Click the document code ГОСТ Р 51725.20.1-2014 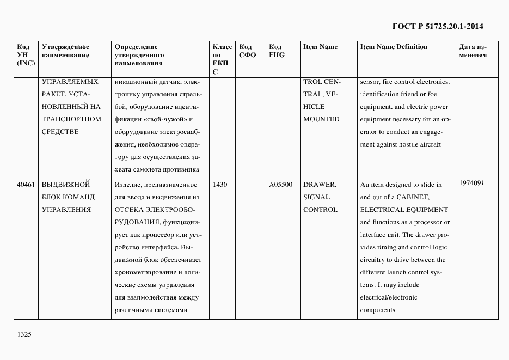click(x=437, y=26)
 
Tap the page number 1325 click(x=24, y=334)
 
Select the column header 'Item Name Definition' click(x=394, y=47)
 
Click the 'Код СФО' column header click(x=247, y=51)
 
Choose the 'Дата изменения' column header click(x=473, y=51)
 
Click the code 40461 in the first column click(x=26, y=185)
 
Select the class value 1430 click(x=220, y=185)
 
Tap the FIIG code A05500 click(x=280, y=185)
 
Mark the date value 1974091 click(x=471, y=183)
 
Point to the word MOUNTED click(x=321, y=119)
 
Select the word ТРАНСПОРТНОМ click(x=71, y=119)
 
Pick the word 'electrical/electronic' click(x=389, y=297)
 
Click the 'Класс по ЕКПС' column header click(x=222, y=59)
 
